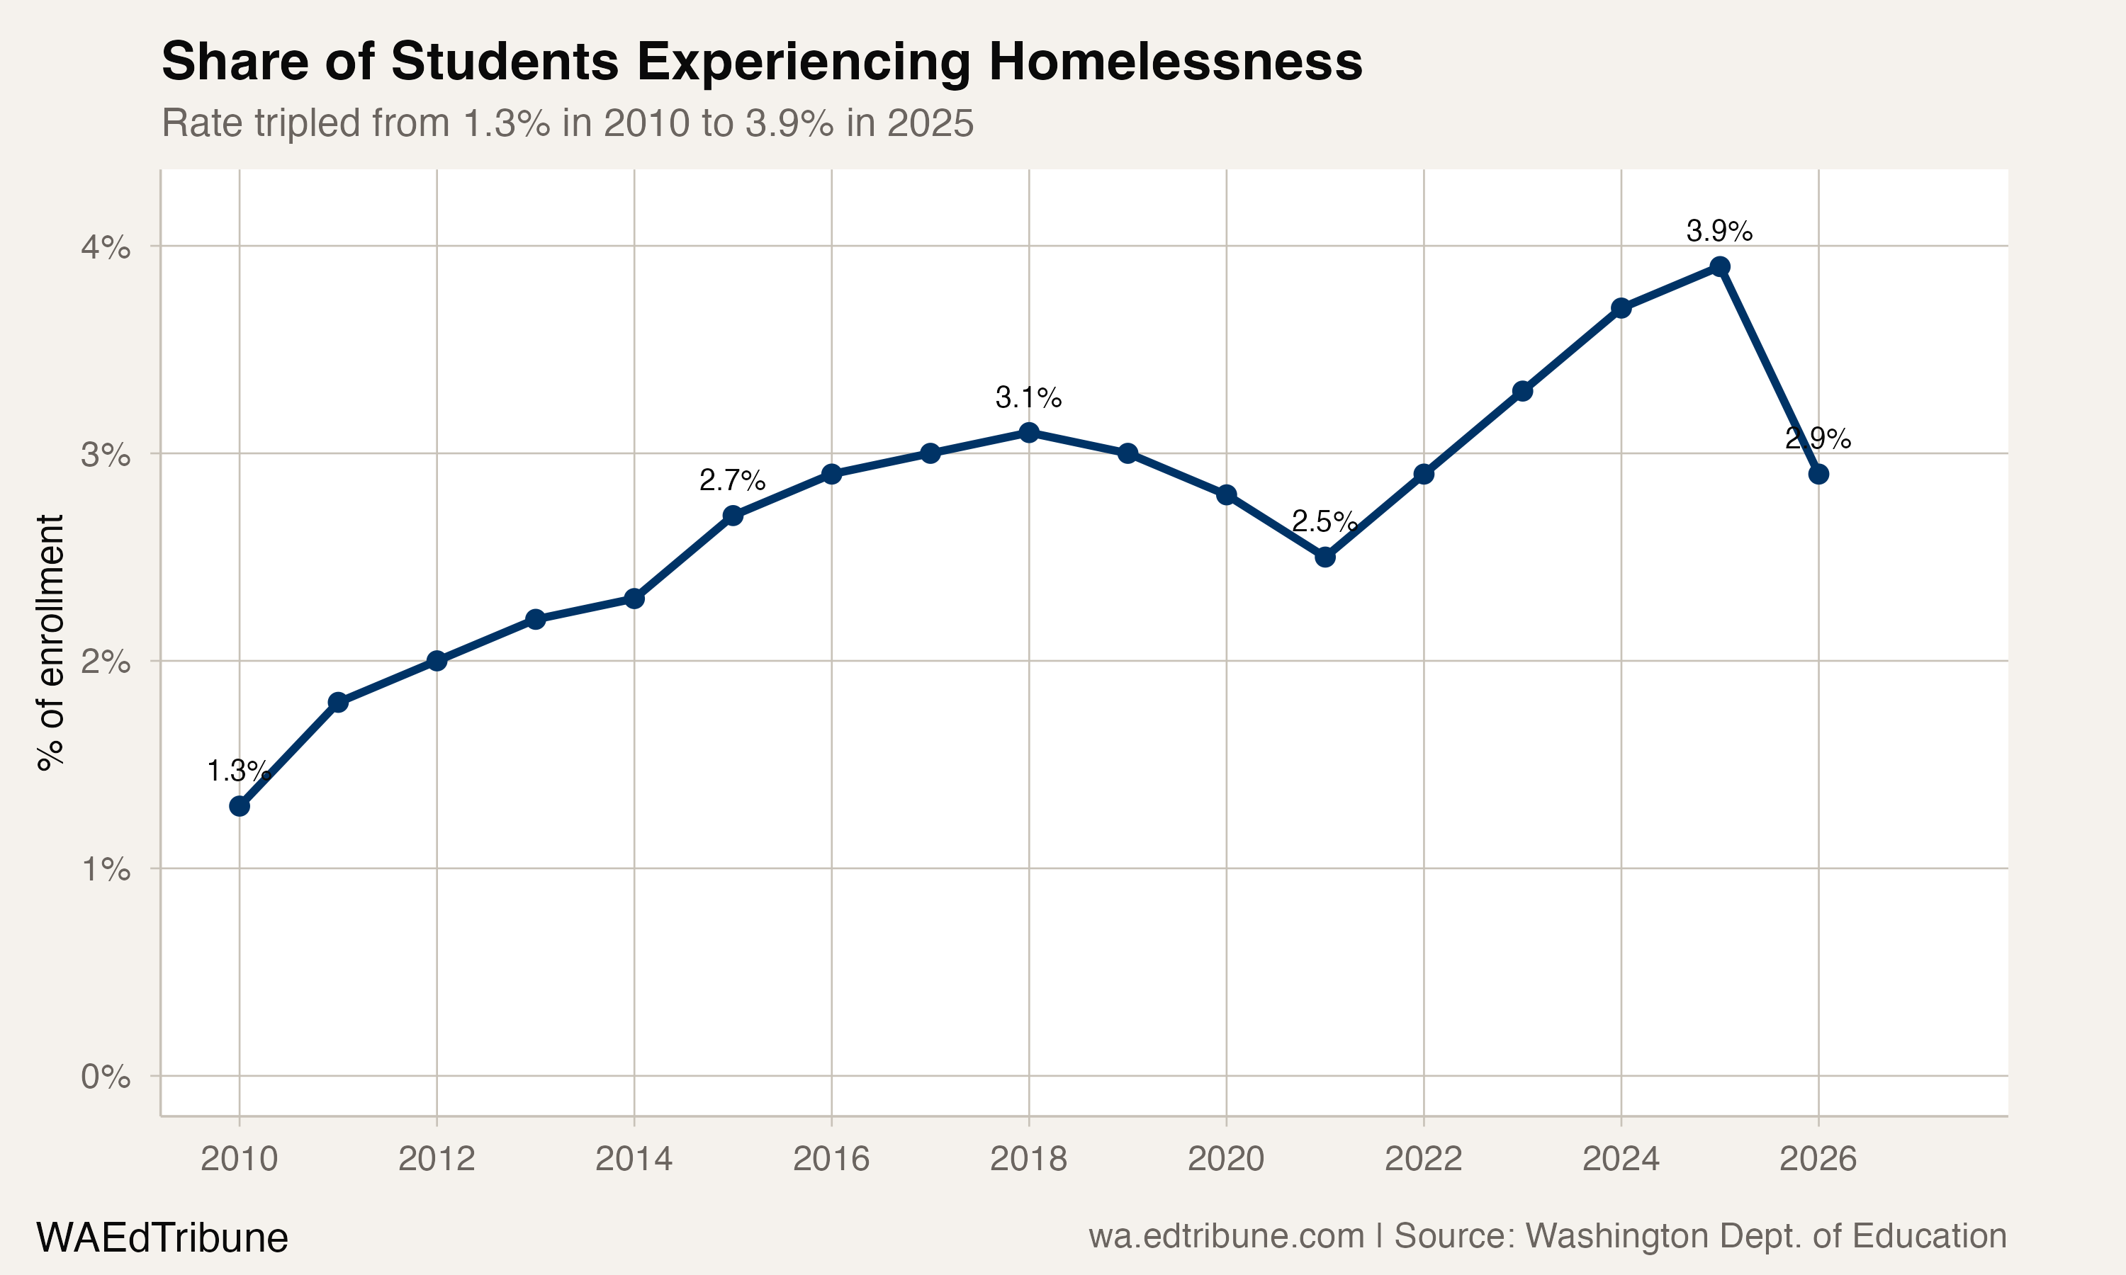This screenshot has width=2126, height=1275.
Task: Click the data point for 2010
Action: tap(240, 806)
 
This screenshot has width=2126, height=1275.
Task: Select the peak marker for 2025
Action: tap(1719, 266)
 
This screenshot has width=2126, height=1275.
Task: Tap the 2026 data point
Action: tap(1818, 475)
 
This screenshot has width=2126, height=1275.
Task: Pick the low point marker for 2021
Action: tap(1325, 557)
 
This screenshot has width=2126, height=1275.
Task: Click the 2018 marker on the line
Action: tap(1028, 432)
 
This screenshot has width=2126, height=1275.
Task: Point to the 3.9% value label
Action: tap(1719, 230)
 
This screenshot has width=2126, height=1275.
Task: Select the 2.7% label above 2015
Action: tap(732, 480)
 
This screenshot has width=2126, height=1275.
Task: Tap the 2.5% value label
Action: tap(1324, 521)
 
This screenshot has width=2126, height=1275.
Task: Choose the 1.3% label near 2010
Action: tap(239, 771)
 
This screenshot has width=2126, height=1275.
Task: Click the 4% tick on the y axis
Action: tap(106, 247)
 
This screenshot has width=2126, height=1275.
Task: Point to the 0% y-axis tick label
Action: tap(106, 1077)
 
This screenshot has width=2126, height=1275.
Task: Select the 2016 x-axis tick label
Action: tap(831, 1159)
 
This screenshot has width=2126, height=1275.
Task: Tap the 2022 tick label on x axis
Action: tap(1423, 1159)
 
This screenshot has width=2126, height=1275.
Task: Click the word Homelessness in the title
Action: tap(1175, 62)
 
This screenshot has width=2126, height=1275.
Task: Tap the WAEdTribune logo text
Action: tap(162, 1237)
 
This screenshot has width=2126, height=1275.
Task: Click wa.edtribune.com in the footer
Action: tap(1226, 1235)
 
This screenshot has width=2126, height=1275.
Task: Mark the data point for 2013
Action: tap(535, 618)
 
